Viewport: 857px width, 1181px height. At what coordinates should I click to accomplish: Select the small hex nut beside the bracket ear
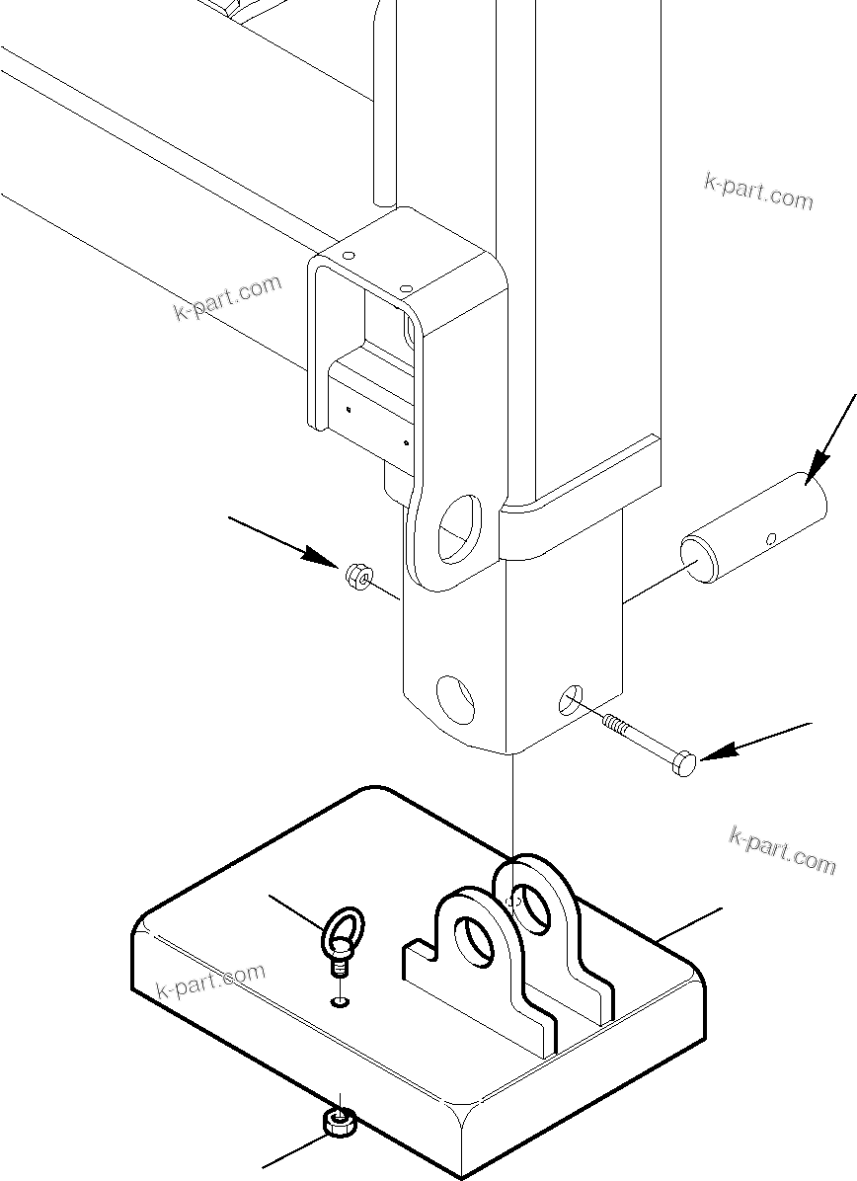click(357, 575)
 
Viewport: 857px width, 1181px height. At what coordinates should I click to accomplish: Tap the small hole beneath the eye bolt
click(340, 1003)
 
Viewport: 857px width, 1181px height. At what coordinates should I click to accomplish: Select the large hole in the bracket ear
click(459, 524)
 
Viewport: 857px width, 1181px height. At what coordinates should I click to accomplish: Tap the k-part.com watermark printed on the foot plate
click(211, 981)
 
